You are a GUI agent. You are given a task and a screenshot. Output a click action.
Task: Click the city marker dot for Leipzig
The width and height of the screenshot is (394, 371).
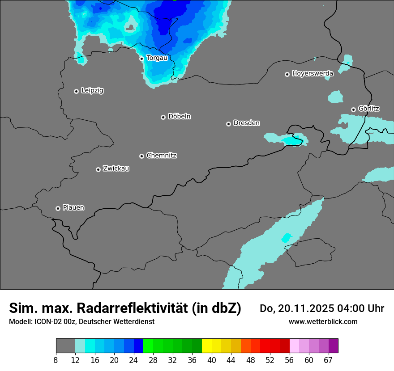pos(76,91)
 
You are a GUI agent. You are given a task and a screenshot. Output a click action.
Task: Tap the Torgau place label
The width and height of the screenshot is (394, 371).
pos(157,58)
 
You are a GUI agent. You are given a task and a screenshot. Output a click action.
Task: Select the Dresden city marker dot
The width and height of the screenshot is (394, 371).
pos(228,124)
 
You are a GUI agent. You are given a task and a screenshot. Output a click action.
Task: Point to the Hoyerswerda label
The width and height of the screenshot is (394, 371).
pos(313,73)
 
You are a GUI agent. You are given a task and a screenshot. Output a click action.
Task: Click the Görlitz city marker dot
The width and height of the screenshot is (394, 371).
pos(353,110)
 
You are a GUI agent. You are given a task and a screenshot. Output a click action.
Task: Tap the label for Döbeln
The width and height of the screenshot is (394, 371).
pos(179,117)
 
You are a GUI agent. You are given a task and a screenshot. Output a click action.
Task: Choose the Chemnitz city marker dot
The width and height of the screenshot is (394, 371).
pos(141,156)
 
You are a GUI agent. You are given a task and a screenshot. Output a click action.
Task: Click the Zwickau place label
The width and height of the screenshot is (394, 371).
pos(116,169)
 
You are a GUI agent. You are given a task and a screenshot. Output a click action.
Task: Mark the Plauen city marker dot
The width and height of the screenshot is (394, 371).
pos(58,208)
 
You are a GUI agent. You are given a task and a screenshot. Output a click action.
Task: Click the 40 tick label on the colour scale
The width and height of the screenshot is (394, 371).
pos(212,360)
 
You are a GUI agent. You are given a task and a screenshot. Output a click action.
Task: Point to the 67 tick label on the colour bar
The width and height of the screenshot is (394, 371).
pos(328,360)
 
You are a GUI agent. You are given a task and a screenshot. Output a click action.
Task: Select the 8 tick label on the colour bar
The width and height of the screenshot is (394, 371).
pos(56,360)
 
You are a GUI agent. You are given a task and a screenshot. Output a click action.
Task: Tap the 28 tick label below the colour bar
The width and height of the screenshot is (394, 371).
pos(153,360)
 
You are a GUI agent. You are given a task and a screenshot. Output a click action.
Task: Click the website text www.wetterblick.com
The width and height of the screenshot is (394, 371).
pos(323,321)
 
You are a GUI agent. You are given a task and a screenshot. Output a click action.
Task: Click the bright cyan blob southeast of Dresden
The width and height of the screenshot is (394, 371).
pos(293,141)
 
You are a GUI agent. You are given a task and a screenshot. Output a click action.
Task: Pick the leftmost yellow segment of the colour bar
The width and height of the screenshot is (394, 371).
pos(207,346)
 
